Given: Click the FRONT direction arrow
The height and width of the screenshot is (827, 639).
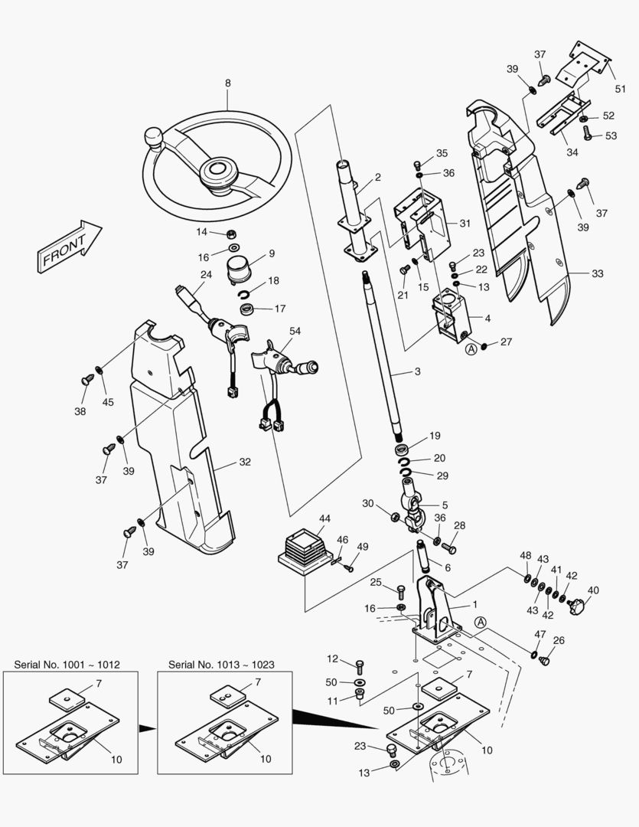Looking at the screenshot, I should pyautogui.click(x=67, y=247).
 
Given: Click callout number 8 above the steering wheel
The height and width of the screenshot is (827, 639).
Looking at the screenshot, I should pyautogui.click(x=227, y=83).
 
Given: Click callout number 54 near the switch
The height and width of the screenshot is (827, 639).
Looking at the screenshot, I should pyautogui.click(x=295, y=331).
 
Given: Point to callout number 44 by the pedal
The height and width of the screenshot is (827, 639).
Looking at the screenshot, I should pyautogui.click(x=324, y=518).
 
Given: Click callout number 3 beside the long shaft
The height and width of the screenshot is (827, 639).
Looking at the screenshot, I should pyautogui.click(x=417, y=372).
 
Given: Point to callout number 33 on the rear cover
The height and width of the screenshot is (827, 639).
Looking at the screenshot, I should pyautogui.click(x=598, y=273).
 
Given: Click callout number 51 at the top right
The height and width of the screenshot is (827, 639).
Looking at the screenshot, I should pyautogui.click(x=620, y=89).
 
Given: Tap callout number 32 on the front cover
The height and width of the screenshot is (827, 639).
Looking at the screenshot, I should pyautogui.click(x=244, y=462).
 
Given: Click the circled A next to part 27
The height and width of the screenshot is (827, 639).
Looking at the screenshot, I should pyautogui.click(x=471, y=348).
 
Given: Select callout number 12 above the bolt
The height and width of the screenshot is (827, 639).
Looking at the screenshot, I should pyautogui.click(x=332, y=659).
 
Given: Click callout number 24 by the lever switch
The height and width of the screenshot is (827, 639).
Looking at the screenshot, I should pyautogui.click(x=206, y=274).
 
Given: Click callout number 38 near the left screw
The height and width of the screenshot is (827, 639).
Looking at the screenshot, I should pyautogui.click(x=80, y=411).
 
